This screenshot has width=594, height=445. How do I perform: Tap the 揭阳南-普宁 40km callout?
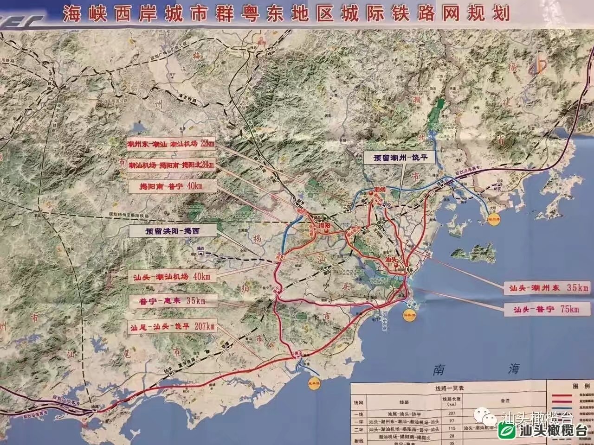[x=171, y=186]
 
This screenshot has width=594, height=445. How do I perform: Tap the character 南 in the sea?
[x=439, y=369]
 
